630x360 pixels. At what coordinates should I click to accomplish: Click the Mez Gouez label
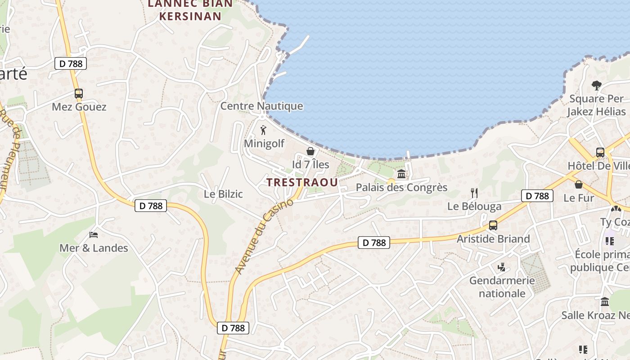(79, 107)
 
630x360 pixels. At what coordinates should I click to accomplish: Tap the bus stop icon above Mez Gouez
(79, 94)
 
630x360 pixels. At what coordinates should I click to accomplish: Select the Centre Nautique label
(261, 106)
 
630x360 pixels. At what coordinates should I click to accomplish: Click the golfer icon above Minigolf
(263, 130)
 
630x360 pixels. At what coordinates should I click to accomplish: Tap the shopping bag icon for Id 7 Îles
(310, 151)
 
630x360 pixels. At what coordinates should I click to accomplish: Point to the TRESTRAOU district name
(302, 182)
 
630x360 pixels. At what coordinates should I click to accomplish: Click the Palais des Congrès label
(401, 187)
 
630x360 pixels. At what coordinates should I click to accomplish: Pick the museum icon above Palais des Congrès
(401, 174)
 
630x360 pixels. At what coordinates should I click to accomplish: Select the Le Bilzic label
(223, 194)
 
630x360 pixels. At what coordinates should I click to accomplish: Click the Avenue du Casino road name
(264, 236)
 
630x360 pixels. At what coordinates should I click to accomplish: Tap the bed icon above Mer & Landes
(94, 234)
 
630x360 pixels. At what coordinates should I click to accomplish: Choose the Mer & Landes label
(94, 248)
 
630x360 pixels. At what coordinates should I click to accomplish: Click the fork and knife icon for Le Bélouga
(474, 193)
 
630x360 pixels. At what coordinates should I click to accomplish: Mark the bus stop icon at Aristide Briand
(493, 225)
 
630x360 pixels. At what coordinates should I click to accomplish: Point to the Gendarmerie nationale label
(502, 287)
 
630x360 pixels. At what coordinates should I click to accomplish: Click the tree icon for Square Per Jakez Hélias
(597, 85)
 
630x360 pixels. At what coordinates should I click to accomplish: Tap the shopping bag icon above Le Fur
(579, 184)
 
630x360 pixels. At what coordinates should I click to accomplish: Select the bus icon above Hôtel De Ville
(600, 152)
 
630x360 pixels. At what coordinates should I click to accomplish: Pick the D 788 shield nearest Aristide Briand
(537, 196)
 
